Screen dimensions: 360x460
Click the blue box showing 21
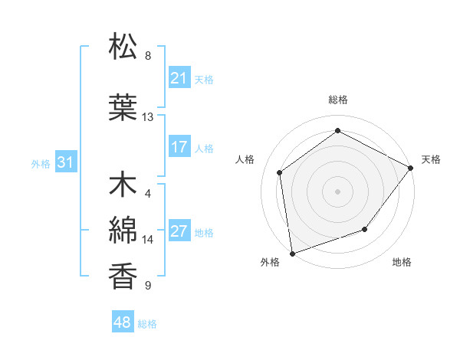pos(179,78)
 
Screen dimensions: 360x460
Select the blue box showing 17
pos(179,148)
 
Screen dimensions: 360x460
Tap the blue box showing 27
pos(179,232)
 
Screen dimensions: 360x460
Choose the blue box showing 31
pos(65,162)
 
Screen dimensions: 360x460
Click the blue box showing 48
pos(123,322)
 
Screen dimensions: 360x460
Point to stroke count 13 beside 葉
pos(148,117)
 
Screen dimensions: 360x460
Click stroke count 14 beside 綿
pos(148,240)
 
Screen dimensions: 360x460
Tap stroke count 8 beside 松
pos(148,56)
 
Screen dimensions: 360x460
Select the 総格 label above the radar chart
pos(338,100)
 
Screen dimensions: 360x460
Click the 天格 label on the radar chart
pos(431,159)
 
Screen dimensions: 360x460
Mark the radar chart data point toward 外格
pos(292,253)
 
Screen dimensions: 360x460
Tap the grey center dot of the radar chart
pos(338,191)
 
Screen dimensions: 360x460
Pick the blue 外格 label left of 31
pos(41,163)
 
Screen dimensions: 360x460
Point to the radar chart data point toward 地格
pos(365,229)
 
